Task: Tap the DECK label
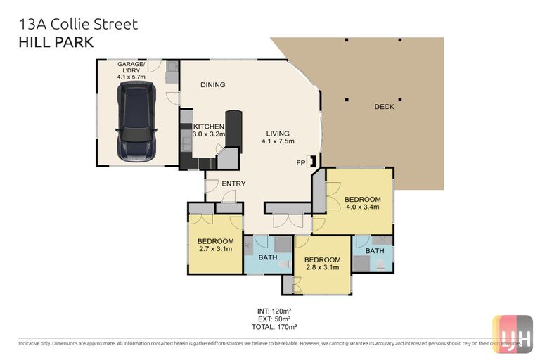pos(384,107)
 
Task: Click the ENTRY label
pos(233,184)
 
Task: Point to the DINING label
pos(212,85)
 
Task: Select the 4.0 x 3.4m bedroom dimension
pos(363,207)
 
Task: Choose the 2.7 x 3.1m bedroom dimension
pos(215,250)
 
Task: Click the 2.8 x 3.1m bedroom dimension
pos(321,267)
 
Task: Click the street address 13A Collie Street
pos(77,24)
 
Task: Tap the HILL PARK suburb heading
pos(55,42)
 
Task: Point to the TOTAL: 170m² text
pos(274,327)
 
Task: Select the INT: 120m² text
pos(274,310)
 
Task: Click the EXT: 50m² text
pos(274,319)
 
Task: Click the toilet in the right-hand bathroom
pos(380,264)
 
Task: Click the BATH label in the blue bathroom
pos(268,257)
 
